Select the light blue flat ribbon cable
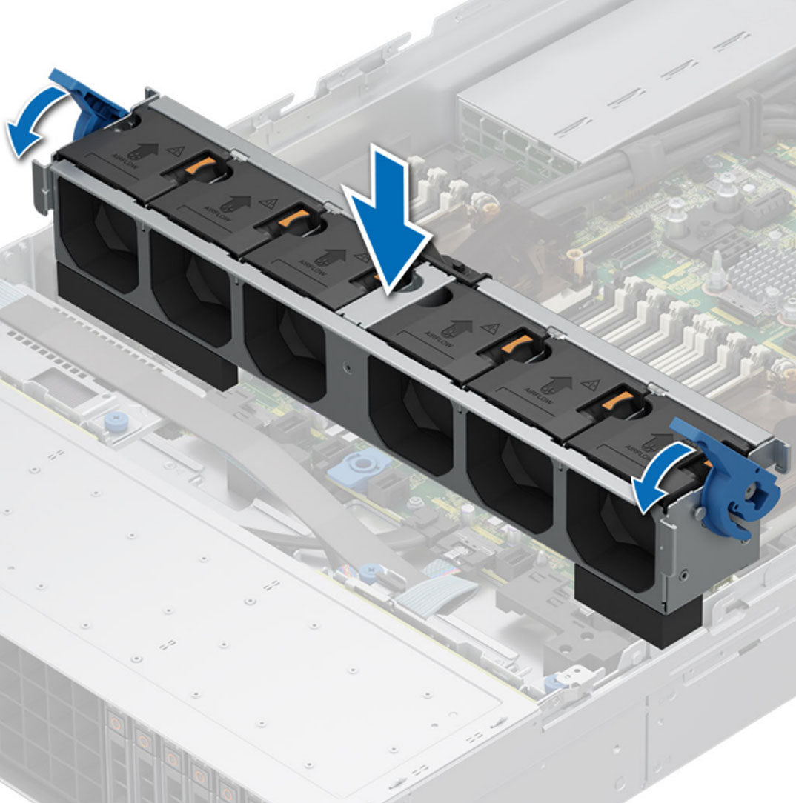(x=445, y=592)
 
